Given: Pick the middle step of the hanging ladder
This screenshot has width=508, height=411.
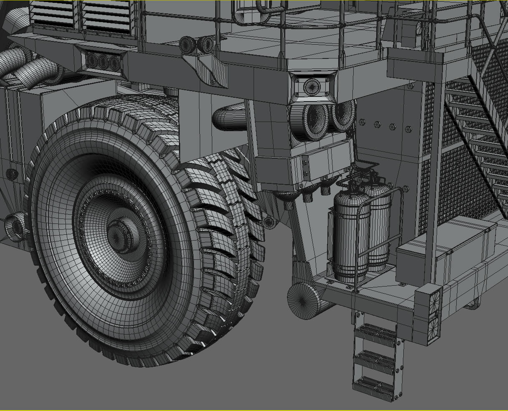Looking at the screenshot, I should [374, 360].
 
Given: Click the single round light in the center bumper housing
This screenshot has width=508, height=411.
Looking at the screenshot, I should [312, 86].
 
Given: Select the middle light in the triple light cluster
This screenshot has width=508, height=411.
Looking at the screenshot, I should [103, 62].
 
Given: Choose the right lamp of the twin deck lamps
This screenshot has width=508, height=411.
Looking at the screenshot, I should [206, 44].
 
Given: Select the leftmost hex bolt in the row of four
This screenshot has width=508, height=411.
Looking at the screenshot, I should [362, 122].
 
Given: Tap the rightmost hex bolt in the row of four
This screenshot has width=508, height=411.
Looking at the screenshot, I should [407, 129].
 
